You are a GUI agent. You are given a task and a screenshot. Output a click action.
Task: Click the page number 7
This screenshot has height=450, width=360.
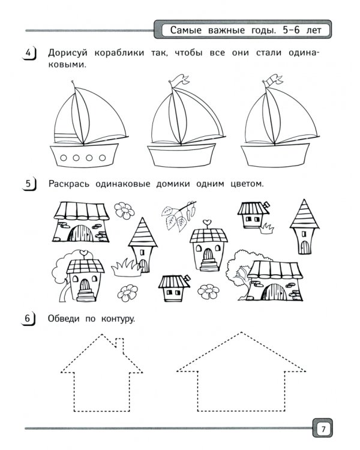(x=323, y=430)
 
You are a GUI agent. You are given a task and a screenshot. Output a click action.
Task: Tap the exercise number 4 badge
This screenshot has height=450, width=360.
(x=29, y=53)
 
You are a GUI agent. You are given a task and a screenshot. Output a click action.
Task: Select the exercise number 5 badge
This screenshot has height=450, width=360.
(x=29, y=184)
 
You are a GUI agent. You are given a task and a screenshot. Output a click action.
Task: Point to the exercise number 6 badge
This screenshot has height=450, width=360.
(x=28, y=319)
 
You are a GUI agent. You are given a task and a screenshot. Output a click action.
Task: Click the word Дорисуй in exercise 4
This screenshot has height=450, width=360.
(x=67, y=53)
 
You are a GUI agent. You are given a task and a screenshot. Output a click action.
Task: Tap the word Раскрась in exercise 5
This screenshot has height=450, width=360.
(x=69, y=184)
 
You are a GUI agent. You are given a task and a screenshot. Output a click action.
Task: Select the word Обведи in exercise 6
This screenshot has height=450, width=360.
(x=64, y=319)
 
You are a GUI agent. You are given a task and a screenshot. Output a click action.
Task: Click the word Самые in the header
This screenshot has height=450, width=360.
(x=186, y=30)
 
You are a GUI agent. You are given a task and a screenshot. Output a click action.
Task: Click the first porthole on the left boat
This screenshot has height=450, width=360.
(x=64, y=158)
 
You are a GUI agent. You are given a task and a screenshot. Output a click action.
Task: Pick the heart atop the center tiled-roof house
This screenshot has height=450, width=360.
(x=206, y=222)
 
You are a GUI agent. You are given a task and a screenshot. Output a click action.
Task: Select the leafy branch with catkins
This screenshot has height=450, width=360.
(x=179, y=215)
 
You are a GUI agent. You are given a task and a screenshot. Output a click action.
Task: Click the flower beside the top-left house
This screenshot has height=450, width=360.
(x=124, y=211)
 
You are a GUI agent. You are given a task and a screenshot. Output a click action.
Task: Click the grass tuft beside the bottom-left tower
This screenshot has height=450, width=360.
(x=127, y=268)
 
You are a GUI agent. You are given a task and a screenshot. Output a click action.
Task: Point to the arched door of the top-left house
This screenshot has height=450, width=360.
(x=80, y=233)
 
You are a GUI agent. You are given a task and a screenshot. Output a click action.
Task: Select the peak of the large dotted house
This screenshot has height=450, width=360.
(x=241, y=332)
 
